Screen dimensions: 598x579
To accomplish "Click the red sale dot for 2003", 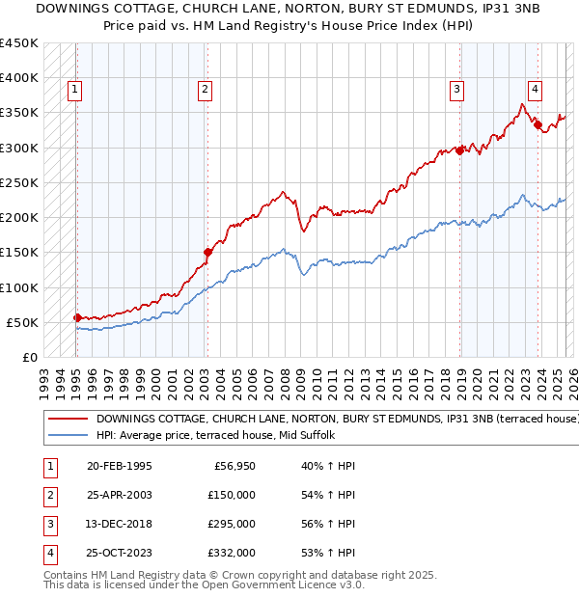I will (207, 252).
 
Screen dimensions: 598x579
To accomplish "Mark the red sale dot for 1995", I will (77, 316).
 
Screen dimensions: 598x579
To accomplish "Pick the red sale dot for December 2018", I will (460, 149).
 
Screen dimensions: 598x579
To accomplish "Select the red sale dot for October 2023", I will (538, 123).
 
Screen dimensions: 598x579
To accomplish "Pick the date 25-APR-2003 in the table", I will (119, 495).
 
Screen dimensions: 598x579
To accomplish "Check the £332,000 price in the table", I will (232, 553).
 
